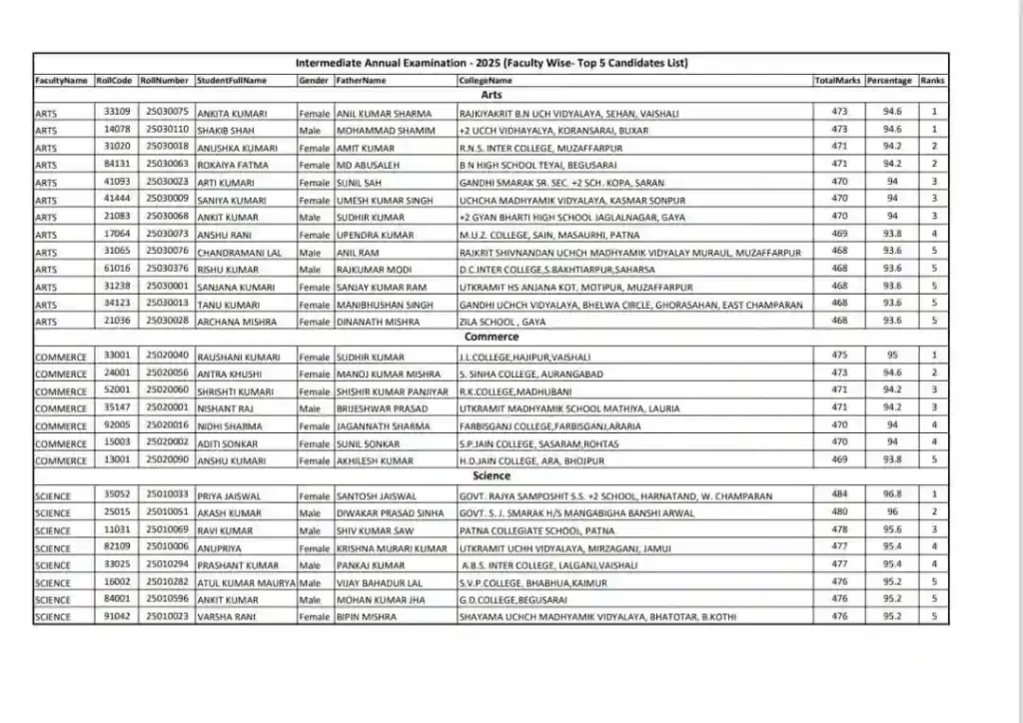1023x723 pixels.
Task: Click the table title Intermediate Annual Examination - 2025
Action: coord(491,63)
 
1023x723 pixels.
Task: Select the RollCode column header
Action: coord(114,79)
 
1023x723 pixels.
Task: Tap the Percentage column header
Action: coord(889,79)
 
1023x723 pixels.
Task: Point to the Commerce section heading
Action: coord(491,338)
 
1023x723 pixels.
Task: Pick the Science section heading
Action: coord(491,477)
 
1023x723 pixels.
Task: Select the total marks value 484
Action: coord(839,494)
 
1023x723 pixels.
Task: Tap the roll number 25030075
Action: coord(166,112)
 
